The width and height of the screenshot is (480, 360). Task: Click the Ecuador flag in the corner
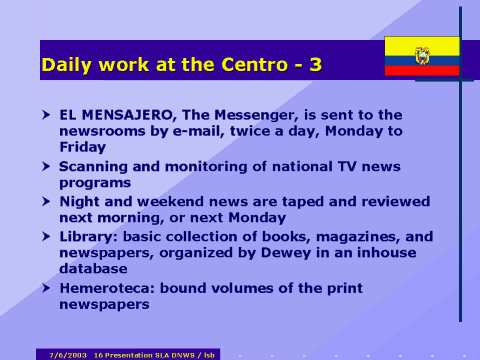coord(422,56)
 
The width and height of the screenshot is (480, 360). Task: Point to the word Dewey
coord(262,252)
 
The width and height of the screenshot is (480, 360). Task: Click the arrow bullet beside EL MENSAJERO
coord(47,115)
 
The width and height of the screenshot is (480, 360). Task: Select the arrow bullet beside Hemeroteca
coord(47,288)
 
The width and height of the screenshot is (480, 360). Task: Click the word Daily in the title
coord(67,66)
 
